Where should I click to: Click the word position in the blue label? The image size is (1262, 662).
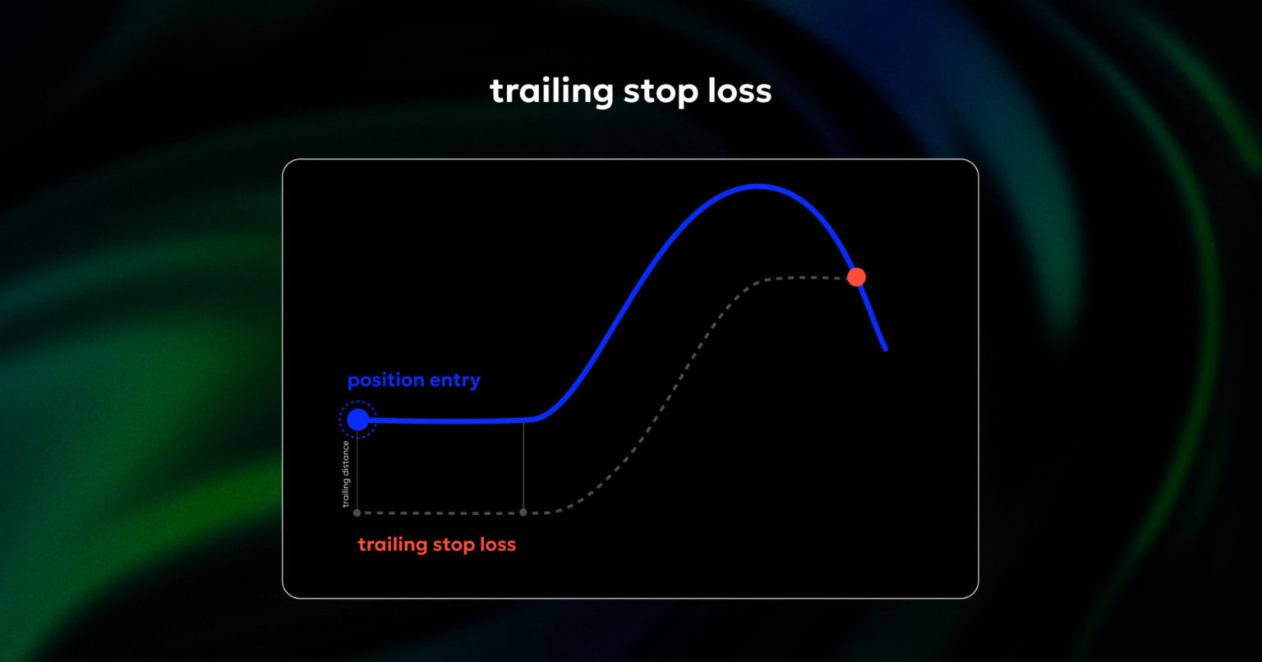tap(384, 381)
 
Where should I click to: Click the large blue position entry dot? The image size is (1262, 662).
tap(357, 420)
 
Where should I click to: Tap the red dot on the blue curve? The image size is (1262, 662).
tap(856, 277)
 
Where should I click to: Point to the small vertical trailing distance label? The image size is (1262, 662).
tap(346, 474)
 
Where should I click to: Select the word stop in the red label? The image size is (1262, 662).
tap(455, 545)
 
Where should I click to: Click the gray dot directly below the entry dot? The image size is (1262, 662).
tap(357, 513)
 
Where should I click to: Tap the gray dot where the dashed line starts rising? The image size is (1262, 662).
tap(523, 513)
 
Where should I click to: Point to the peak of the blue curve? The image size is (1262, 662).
tap(758, 186)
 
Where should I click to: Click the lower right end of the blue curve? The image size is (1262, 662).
tap(885, 349)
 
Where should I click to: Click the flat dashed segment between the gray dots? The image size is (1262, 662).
tap(440, 513)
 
